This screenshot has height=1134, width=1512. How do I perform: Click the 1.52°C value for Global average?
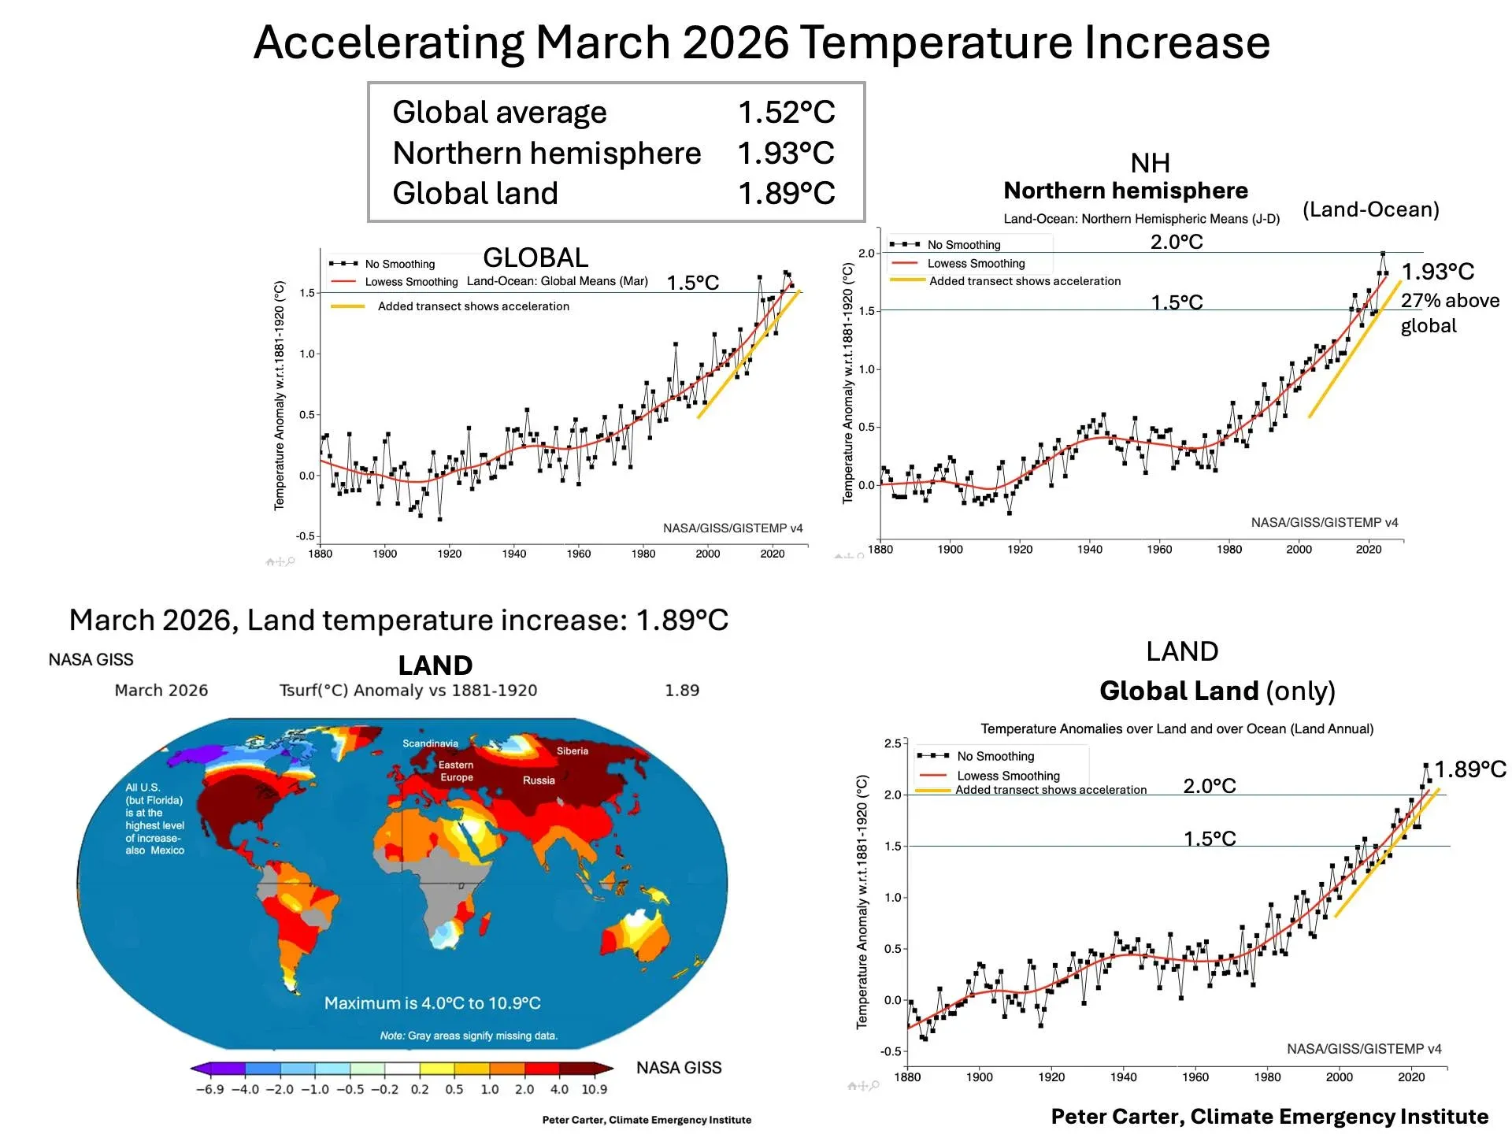click(786, 113)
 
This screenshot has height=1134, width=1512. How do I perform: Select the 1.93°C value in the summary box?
click(786, 154)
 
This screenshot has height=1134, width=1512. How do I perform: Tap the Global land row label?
click(475, 194)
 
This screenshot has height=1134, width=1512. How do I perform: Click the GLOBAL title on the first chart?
click(535, 258)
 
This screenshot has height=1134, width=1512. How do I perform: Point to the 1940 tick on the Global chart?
click(513, 554)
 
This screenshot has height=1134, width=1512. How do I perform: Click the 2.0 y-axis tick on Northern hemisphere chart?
click(866, 253)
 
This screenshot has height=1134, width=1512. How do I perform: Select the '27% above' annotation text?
click(1449, 301)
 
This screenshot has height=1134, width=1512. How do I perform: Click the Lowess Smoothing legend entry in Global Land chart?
click(1008, 776)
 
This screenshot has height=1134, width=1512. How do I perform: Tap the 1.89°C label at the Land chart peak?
click(1469, 769)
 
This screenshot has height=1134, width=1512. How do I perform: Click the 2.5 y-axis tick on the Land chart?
click(892, 743)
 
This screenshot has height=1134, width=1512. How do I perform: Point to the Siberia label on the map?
click(573, 750)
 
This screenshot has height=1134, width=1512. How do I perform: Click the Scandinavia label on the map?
click(430, 743)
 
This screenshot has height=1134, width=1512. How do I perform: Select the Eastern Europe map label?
click(456, 771)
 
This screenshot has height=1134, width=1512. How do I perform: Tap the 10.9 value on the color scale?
click(594, 1089)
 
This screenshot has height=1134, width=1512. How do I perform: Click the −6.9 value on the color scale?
click(209, 1089)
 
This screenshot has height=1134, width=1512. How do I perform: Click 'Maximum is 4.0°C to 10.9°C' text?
click(432, 1003)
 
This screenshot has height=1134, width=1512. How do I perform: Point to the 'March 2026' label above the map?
click(161, 691)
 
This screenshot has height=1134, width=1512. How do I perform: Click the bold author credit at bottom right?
click(1269, 1117)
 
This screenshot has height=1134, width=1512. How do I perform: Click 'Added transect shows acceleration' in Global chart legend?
click(473, 306)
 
